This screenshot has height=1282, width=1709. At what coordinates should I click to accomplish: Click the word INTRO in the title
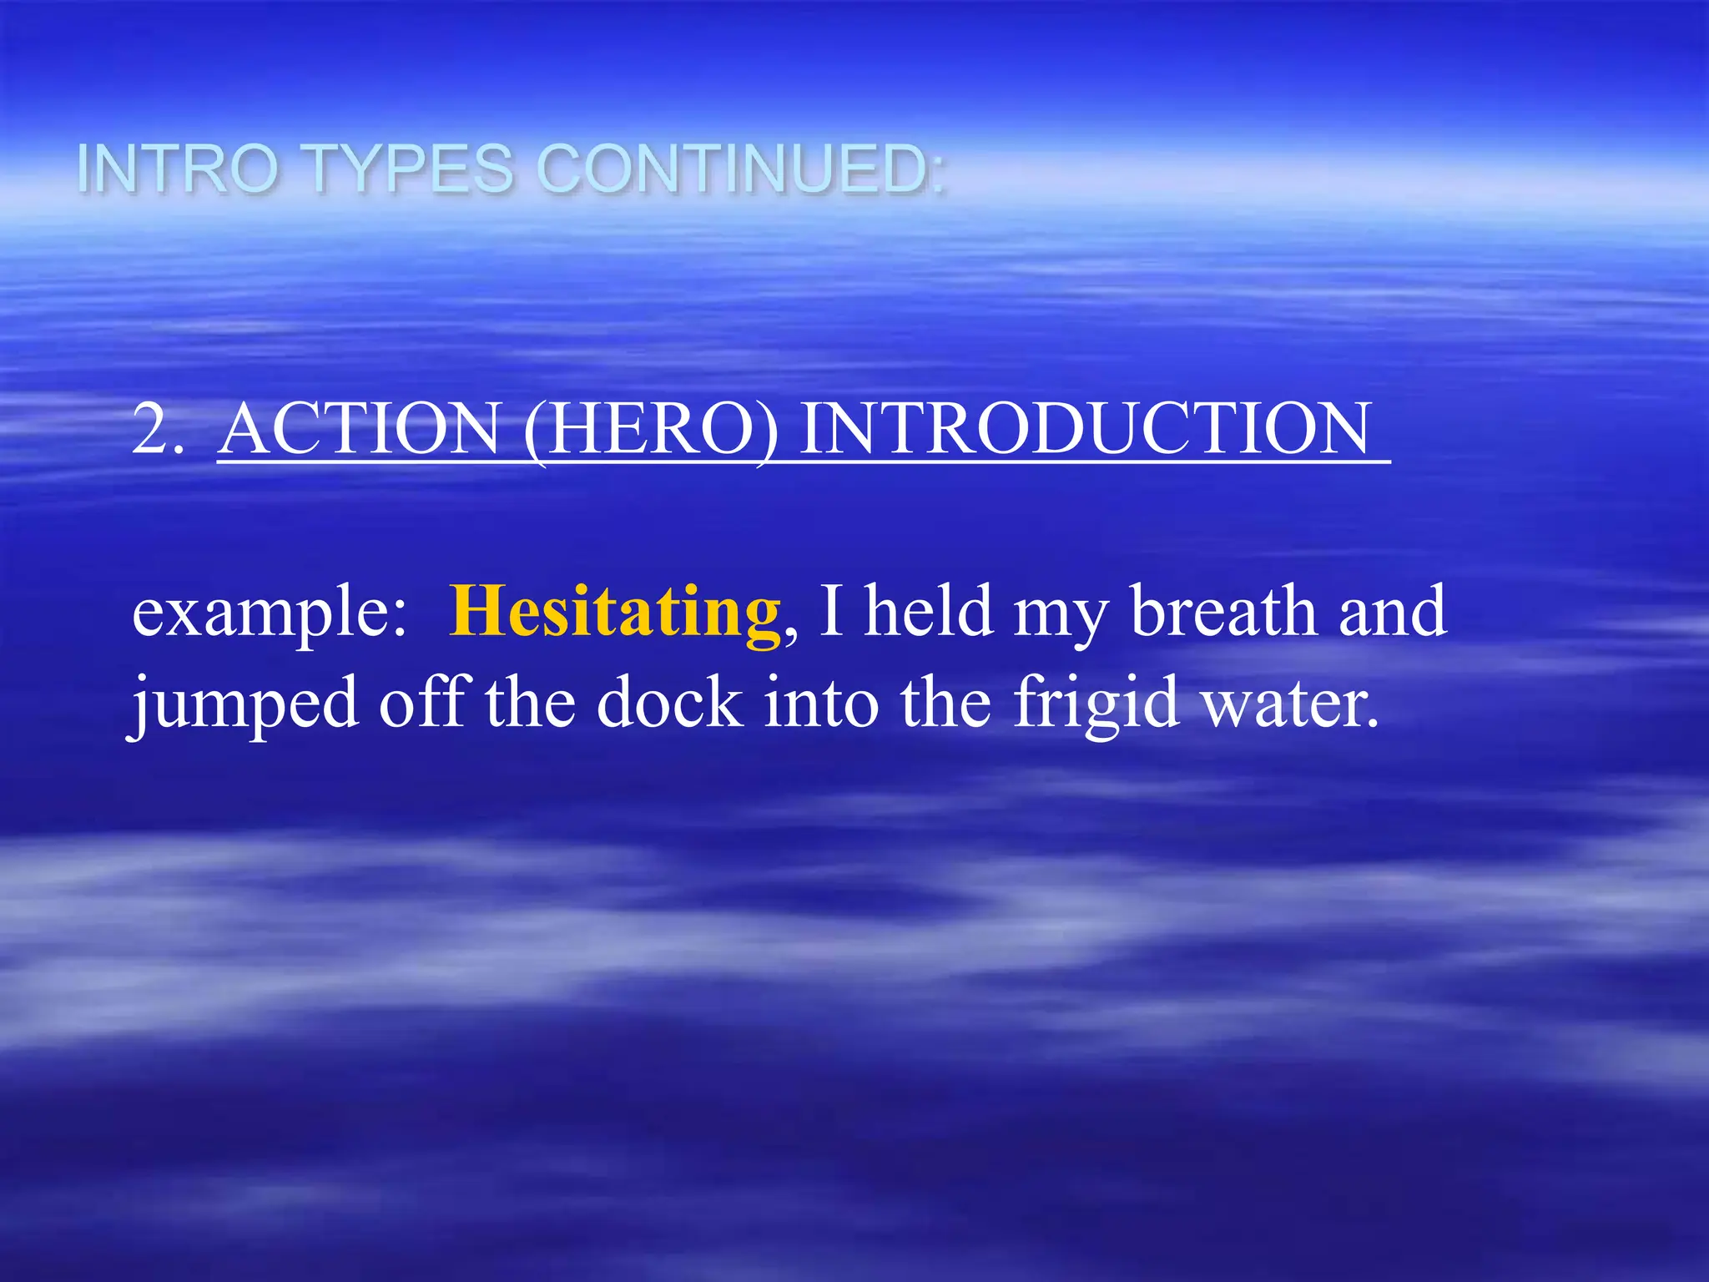[x=177, y=169]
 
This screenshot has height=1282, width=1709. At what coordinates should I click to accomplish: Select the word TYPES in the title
[x=411, y=169]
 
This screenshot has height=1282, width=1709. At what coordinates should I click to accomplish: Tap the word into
[x=821, y=703]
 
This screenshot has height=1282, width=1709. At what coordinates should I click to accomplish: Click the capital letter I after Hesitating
[x=831, y=610]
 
